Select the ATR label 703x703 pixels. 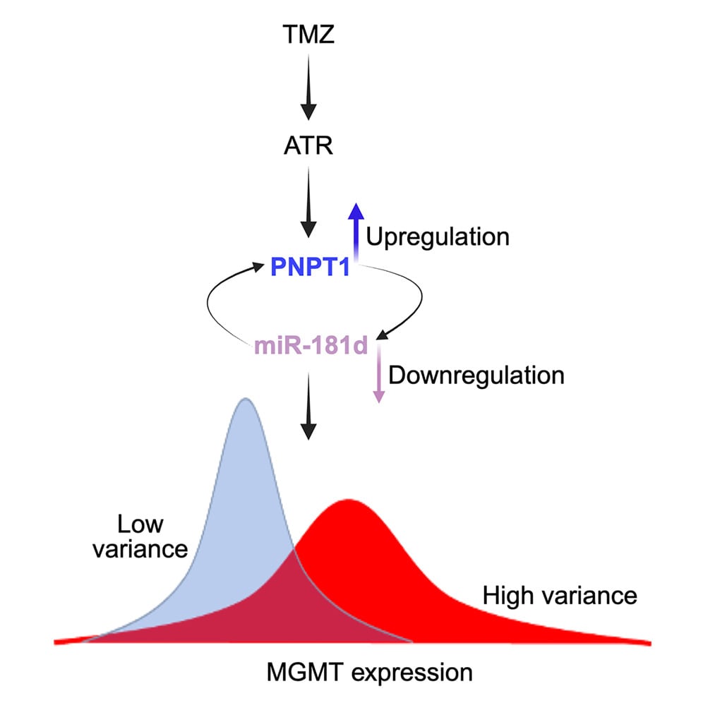point(308,148)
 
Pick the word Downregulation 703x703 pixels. point(476,374)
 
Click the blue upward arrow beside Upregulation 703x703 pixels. point(356,229)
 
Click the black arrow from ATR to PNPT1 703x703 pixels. point(308,205)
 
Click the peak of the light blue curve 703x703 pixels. point(246,400)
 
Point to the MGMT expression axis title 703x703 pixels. point(369,671)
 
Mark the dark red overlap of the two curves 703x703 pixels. point(296,607)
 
